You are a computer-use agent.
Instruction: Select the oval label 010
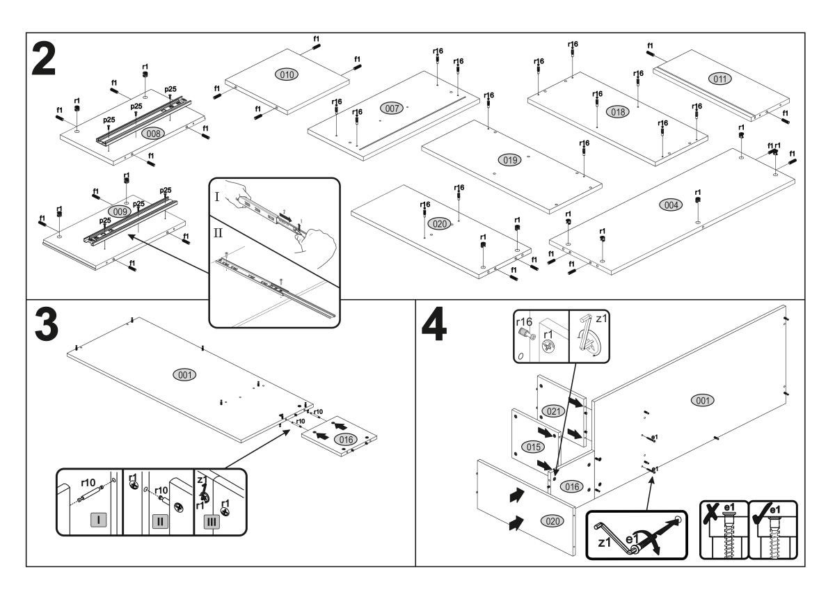point(286,74)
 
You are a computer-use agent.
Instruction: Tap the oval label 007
point(391,108)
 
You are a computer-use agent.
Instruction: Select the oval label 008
point(153,132)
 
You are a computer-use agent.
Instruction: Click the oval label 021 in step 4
point(553,410)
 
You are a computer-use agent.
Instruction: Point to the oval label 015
point(534,445)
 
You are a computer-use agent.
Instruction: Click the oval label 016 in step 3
point(344,439)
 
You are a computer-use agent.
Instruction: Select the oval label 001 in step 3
point(184,374)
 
